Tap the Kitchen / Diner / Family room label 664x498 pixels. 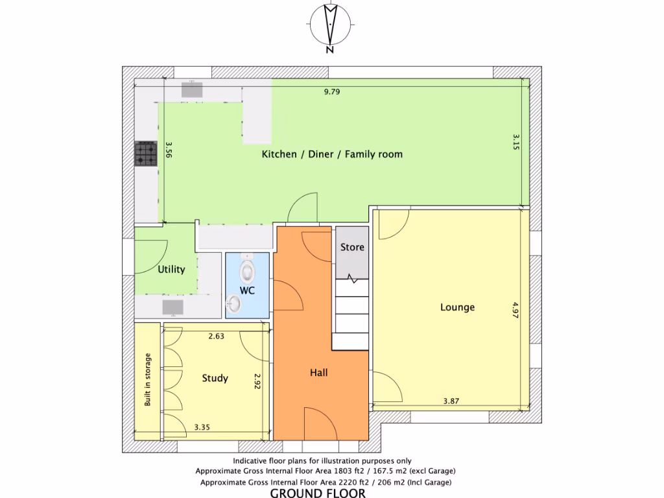point(332,154)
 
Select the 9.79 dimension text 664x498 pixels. point(332,91)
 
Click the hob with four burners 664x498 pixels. point(146,154)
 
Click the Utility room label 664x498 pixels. point(172,269)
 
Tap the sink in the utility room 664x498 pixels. point(172,305)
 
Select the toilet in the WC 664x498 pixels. point(247,267)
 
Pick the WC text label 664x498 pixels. point(247,290)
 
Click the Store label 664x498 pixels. point(352,247)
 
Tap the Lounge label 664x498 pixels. point(457,307)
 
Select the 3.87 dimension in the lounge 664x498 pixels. point(451,401)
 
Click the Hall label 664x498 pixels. point(318,373)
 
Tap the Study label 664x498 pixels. point(215,378)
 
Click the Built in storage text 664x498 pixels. point(148,380)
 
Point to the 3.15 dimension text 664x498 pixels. point(516,142)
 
